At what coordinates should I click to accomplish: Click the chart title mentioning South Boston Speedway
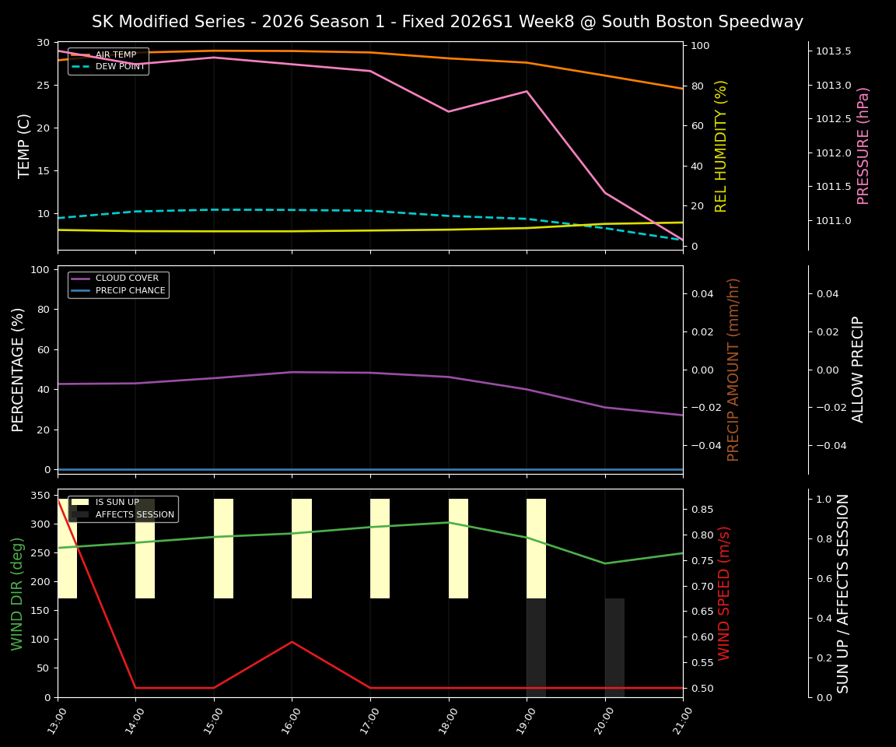[447, 22]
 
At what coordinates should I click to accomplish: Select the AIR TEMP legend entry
[115, 55]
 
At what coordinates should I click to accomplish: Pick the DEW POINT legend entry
[120, 67]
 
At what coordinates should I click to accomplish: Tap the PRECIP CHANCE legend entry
[130, 291]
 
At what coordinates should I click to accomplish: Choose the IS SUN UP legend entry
[117, 503]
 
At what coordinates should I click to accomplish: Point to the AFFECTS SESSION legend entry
[135, 514]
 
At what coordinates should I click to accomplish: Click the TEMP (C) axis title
[25, 146]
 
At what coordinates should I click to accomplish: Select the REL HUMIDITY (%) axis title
[721, 146]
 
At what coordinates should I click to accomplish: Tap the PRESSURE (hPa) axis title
[863, 146]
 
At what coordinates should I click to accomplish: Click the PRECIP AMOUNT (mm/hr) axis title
[733, 370]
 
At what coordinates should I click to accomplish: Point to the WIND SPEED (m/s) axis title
[724, 593]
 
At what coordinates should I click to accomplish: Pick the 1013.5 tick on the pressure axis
[833, 51]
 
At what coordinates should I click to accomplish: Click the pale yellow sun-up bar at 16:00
[302, 549]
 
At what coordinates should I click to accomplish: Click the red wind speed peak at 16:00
[292, 642]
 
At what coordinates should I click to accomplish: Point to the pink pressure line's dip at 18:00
[448, 111]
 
